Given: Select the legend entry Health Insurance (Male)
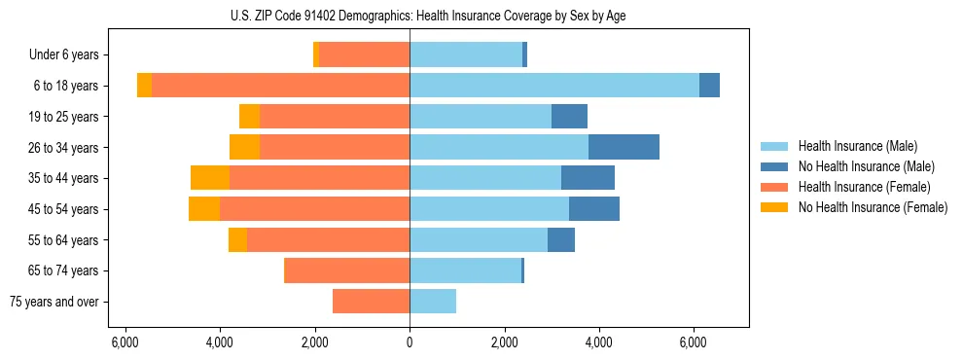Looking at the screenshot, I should (857, 146).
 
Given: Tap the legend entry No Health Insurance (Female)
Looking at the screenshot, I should (873, 207).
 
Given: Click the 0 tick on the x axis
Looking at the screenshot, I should (410, 342).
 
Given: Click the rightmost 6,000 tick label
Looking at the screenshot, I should (694, 342).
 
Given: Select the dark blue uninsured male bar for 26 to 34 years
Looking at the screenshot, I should (624, 147).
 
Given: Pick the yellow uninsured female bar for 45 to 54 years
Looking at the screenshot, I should (204, 208).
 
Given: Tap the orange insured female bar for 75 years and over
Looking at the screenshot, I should (371, 302).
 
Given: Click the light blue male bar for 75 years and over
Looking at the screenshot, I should (433, 302).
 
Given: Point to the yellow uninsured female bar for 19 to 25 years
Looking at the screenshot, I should (250, 117).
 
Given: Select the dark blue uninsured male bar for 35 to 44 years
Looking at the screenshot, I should (588, 178).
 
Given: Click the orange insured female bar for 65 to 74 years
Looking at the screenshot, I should (346, 270).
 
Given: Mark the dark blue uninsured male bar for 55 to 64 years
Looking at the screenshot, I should (561, 239).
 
